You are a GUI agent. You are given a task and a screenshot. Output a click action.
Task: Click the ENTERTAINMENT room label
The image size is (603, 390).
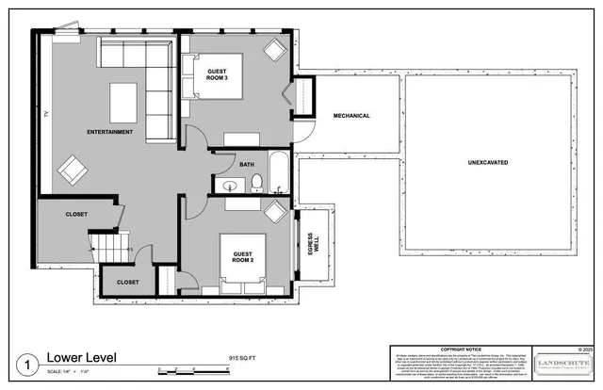[x=109, y=132]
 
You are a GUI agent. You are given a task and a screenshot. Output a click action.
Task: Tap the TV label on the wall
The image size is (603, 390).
[x=44, y=115]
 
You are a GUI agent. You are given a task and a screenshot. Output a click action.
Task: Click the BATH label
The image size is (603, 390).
[x=247, y=164]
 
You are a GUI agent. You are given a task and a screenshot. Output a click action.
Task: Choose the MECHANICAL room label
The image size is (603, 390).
[x=351, y=116]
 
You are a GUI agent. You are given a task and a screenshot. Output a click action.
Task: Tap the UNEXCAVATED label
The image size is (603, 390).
[x=488, y=163]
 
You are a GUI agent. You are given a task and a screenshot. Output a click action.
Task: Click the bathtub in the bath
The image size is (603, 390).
[x=280, y=171]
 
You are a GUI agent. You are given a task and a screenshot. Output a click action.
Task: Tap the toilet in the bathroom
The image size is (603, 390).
[x=256, y=186]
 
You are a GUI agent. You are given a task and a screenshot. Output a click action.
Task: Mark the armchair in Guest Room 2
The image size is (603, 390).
[x=275, y=211]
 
